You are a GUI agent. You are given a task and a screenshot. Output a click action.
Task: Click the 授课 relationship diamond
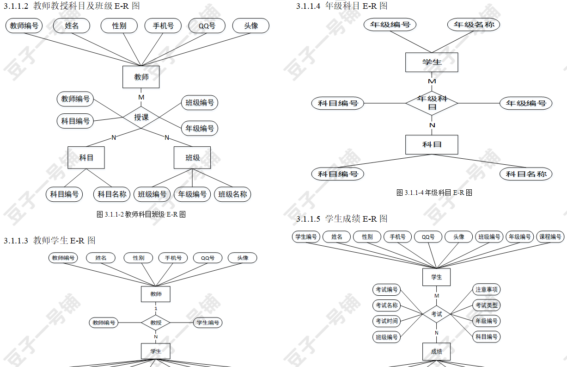click(x=141, y=117)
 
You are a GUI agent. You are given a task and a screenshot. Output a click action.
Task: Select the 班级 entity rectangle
click(x=192, y=158)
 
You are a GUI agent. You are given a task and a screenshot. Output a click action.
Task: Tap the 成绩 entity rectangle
click(x=436, y=352)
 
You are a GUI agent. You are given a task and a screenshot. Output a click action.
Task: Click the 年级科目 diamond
click(x=432, y=103)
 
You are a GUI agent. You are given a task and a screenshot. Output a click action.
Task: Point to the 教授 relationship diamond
click(x=156, y=323)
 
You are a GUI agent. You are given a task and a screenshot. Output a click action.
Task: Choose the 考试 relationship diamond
click(x=436, y=314)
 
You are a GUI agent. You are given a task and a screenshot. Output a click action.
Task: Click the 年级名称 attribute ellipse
click(x=474, y=25)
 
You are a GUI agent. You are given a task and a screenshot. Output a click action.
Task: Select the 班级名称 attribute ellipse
click(x=232, y=194)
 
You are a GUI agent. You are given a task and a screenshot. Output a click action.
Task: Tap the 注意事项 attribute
click(x=487, y=290)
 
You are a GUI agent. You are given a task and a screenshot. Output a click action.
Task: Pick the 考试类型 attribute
click(x=487, y=305)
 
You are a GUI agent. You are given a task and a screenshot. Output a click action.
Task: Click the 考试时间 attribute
click(x=386, y=321)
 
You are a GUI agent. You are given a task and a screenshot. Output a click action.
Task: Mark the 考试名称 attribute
click(x=386, y=305)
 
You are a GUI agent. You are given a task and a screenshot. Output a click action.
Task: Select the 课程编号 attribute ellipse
click(x=550, y=237)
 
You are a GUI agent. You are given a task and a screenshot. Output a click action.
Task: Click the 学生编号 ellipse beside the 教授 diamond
click(x=207, y=323)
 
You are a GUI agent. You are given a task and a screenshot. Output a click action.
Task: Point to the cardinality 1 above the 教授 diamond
click(x=156, y=308)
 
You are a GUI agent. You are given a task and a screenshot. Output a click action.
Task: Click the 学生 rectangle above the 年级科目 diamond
click(x=432, y=62)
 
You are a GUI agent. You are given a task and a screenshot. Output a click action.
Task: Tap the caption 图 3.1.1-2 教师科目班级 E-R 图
click(x=141, y=214)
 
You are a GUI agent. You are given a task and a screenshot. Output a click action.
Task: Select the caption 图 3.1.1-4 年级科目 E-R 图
click(x=434, y=193)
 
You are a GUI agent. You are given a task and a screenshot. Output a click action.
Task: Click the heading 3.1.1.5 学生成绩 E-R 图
click(x=342, y=218)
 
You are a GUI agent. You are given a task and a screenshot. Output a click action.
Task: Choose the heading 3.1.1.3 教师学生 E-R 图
click(x=50, y=241)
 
